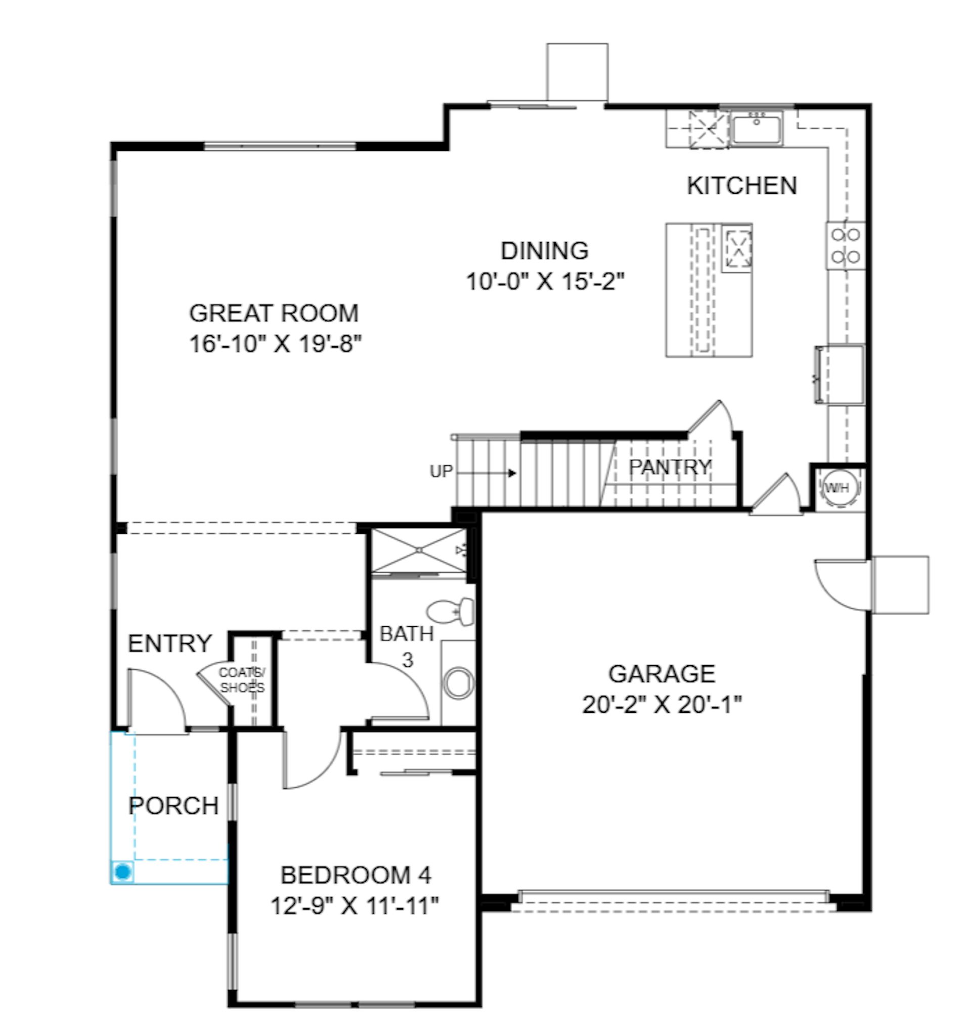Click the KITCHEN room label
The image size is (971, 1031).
(x=742, y=186)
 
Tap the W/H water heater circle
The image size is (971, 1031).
(x=837, y=488)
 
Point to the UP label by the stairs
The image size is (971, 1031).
(x=441, y=471)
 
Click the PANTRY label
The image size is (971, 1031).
(x=670, y=467)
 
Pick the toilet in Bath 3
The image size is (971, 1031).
(x=451, y=612)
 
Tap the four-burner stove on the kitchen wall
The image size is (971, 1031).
(x=846, y=246)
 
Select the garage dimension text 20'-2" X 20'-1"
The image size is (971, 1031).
(x=661, y=705)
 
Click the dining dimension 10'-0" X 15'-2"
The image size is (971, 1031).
(x=545, y=282)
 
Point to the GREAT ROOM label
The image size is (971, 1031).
(x=274, y=313)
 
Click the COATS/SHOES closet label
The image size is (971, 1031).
(x=242, y=680)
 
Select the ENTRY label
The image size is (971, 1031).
(x=170, y=643)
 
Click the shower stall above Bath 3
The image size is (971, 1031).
(x=419, y=551)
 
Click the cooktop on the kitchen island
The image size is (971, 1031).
(x=737, y=248)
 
